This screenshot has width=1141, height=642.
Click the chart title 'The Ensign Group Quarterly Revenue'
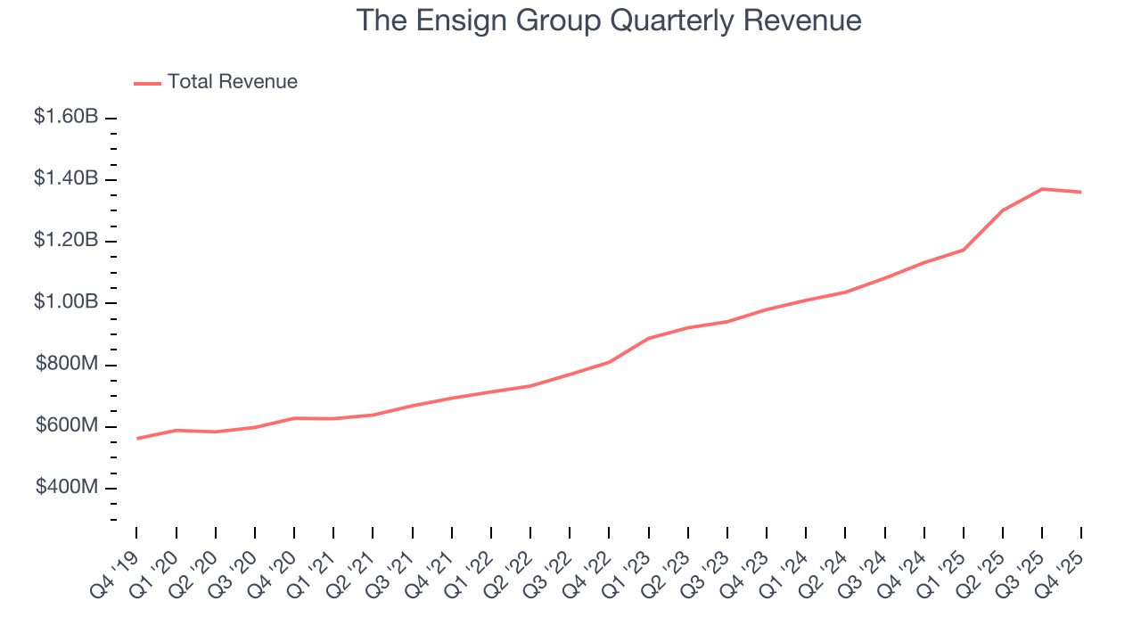[609, 21]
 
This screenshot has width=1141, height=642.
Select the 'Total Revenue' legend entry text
[232, 82]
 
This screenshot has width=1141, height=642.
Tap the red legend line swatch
[147, 83]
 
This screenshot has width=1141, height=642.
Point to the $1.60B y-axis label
[66, 117]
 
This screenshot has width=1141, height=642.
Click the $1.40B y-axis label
[66, 178]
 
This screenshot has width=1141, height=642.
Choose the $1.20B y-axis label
[66, 241]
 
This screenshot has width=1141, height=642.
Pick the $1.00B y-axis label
[66, 302]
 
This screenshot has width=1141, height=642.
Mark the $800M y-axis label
[67, 364]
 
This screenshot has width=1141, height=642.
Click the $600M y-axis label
[67, 425]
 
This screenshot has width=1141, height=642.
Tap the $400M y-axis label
[67, 488]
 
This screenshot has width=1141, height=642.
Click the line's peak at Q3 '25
[1042, 189]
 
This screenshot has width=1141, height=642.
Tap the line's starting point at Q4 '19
[137, 439]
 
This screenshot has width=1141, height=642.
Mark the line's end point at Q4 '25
[1081, 192]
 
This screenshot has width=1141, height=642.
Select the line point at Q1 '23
[649, 338]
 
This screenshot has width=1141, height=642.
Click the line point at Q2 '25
[1003, 210]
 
